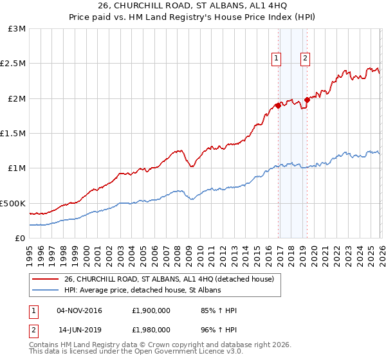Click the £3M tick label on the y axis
[x=17, y=29]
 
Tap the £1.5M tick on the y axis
[x=14, y=134]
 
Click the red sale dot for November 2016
[x=278, y=105]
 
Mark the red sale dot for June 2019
[x=307, y=100]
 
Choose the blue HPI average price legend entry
[x=142, y=291]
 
